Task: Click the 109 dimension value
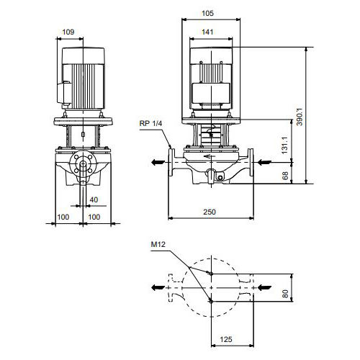coord(68,32)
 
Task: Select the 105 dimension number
coord(207,13)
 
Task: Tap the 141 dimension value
coord(207,32)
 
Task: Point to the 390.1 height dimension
coord(300,117)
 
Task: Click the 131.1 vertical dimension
coord(284,145)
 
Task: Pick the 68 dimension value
coord(285,176)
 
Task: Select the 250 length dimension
coord(210,212)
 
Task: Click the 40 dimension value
coord(94,199)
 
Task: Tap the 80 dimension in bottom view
coord(285,294)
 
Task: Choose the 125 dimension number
coord(226,339)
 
